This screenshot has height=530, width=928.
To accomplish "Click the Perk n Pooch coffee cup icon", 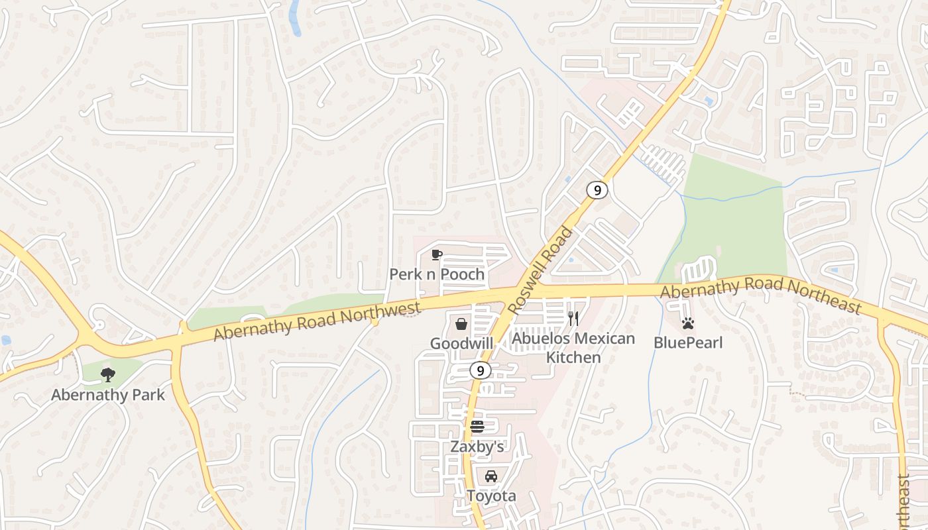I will click(x=437, y=255).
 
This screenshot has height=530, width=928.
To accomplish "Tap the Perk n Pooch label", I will click(x=437, y=274).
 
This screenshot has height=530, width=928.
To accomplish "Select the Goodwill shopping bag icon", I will click(x=461, y=324).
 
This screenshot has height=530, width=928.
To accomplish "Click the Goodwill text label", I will click(x=461, y=343).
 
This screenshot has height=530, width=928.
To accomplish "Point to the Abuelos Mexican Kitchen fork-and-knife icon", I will click(x=573, y=319).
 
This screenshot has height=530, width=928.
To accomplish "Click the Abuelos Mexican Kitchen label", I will click(x=573, y=348).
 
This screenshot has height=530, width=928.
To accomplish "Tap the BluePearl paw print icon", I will click(x=688, y=324).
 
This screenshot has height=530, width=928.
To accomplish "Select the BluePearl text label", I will click(x=688, y=343).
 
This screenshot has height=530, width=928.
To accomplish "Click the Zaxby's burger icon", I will click(x=477, y=426).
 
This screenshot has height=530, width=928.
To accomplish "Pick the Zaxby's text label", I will click(x=477, y=447).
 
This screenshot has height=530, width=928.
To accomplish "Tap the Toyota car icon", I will click(x=491, y=476).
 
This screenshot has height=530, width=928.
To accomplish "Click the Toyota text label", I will click(x=491, y=496).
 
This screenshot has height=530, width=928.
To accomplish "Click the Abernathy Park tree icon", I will click(x=107, y=376).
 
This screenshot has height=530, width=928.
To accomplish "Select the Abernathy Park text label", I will click(x=107, y=396).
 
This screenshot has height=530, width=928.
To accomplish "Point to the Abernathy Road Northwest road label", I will click(x=317, y=321).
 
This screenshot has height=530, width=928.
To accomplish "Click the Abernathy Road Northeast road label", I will click(x=761, y=294).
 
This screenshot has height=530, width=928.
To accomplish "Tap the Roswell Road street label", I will click(x=541, y=271).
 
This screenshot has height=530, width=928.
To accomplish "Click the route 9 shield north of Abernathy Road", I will click(x=597, y=190).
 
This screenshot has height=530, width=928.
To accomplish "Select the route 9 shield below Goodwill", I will click(x=481, y=370).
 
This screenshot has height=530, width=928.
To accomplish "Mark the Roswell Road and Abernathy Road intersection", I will click(x=524, y=291).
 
